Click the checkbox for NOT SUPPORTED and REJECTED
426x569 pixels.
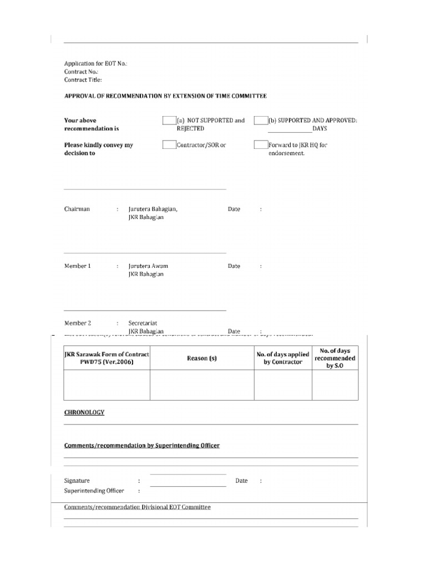click(x=169, y=121)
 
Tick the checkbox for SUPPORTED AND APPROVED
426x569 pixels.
click(x=261, y=121)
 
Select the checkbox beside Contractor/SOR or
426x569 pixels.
click(x=169, y=145)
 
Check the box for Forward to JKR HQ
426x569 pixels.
click(x=261, y=145)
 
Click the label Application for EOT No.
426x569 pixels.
click(x=95, y=64)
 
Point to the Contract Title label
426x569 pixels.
click(x=83, y=80)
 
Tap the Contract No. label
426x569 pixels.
click(x=81, y=72)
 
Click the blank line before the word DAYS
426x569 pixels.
click(x=290, y=129)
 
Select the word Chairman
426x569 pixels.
click(x=77, y=209)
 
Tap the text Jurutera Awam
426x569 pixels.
click(x=148, y=266)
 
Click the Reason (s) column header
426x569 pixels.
click(x=202, y=358)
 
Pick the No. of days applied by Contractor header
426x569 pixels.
click(x=283, y=358)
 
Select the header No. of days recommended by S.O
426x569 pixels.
click(x=335, y=358)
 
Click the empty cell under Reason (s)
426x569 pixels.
click(x=202, y=385)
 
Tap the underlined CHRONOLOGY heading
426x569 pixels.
click(x=84, y=412)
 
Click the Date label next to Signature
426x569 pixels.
click(x=241, y=481)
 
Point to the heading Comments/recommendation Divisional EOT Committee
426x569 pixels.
click(x=138, y=507)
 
